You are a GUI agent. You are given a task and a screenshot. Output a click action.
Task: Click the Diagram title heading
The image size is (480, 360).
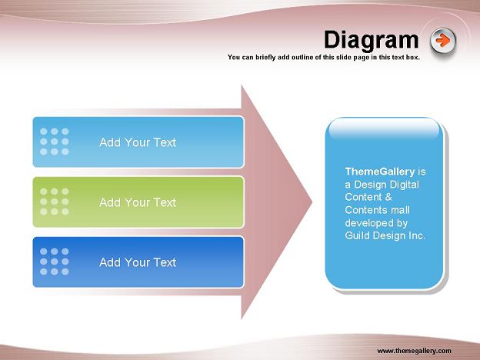pos(371,40)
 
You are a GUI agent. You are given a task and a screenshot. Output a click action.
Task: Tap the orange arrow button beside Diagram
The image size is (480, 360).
pos(442,41)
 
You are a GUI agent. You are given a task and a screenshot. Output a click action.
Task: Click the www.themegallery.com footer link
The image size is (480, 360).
pos(414,351)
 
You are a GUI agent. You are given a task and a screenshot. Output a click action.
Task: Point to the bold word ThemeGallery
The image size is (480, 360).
pos(380,172)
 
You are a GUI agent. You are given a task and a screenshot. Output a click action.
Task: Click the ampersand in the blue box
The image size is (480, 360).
pos(388,197)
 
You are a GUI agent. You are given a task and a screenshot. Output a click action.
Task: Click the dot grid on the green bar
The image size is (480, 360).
pos(54,202)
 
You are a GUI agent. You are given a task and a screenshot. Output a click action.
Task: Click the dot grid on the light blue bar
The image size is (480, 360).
pos(54,142)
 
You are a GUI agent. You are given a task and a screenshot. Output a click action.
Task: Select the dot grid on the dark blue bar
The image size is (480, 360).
pos(54,262)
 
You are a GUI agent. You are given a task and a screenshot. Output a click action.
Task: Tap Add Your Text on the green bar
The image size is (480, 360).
pos(138,202)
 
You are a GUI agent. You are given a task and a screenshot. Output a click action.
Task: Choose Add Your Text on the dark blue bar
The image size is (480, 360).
pos(138,262)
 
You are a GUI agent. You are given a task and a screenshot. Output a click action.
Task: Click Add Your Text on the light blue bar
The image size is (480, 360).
pos(138,142)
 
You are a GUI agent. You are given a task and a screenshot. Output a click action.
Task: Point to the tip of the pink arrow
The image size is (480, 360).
pos(312,202)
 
